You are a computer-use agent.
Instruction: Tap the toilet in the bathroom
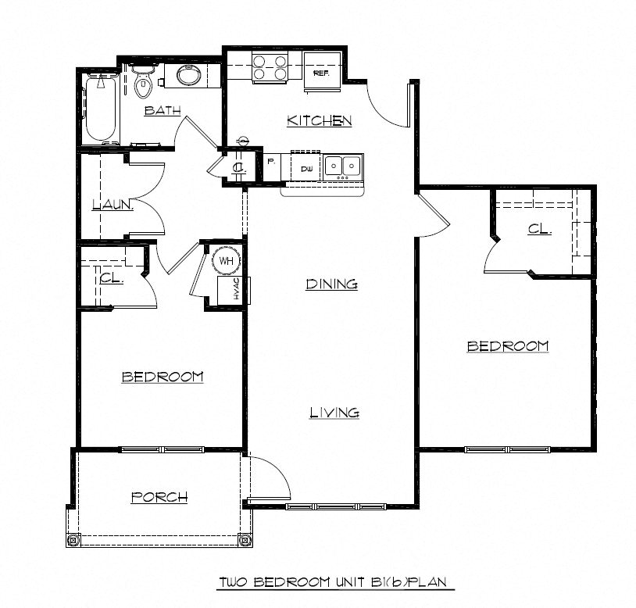point(142,83)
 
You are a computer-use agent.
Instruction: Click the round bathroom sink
point(188,76)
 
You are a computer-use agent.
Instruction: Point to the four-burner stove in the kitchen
point(267,68)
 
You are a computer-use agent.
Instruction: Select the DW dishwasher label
point(306,169)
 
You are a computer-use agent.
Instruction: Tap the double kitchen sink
point(342,166)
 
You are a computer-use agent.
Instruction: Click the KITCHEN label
point(319,120)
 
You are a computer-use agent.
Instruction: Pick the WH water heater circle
point(226,261)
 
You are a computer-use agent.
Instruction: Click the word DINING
point(331,284)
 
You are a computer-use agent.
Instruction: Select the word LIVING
point(334,412)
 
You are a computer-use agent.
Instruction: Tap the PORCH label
point(159,496)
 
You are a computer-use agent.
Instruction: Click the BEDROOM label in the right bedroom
point(507,345)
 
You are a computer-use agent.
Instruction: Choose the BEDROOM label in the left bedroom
point(163,377)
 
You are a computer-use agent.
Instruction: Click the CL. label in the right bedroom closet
point(539,229)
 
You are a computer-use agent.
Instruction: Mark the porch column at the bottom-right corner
point(245,538)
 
